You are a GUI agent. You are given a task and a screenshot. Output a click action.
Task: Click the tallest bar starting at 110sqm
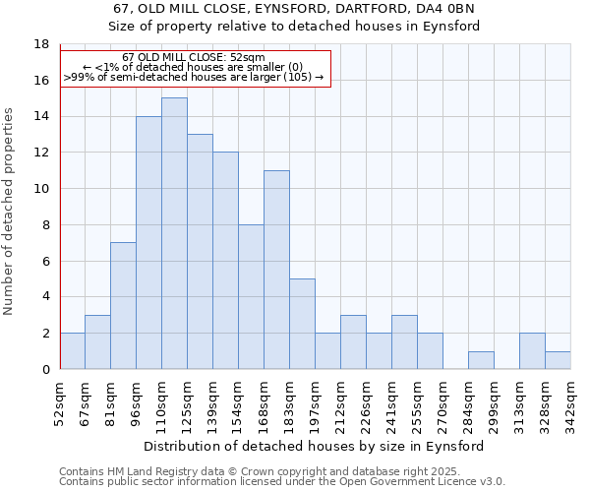[174, 233]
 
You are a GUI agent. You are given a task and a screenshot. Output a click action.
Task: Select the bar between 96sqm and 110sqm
[148, 242]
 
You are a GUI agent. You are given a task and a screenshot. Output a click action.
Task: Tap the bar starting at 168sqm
[276, 270]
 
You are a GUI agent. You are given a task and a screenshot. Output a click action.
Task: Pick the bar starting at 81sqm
[123, 305]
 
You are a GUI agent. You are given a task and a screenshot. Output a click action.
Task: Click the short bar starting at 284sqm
[481, 360]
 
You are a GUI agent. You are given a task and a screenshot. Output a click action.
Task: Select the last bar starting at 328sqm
[558, 360]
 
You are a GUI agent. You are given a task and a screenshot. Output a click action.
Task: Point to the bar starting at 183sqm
[302, 324]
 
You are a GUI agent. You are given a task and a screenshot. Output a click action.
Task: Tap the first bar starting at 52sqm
[72, 350]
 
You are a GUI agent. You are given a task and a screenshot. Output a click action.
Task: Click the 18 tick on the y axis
[41, 44]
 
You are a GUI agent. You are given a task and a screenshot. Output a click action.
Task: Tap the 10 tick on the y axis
[41, 189]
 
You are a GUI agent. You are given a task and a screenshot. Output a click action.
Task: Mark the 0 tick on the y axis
[45, 369]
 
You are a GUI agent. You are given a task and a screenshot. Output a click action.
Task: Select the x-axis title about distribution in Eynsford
[315, 446]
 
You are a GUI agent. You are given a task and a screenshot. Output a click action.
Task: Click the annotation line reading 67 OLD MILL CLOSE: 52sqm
[194, 58]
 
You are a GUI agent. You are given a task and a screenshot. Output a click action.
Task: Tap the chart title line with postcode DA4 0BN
[294, 9]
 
